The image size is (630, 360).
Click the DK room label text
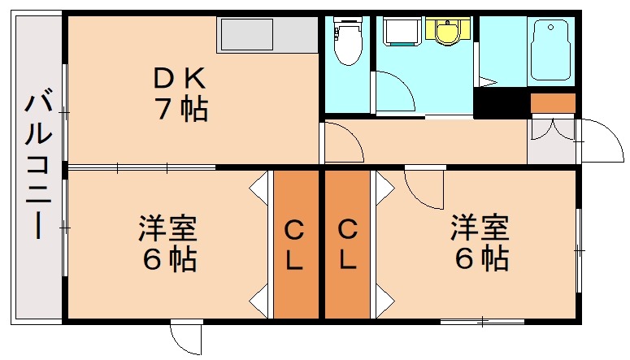(x=183, y=79)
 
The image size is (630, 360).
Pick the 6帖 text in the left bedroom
(x=169, y=259)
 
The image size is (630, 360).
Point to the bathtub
(x=551, y=49)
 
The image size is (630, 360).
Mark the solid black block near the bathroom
(x=499, y=105)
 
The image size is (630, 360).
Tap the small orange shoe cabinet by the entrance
(x=553, y=103)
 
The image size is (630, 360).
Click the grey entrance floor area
(x=550, y=142)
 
